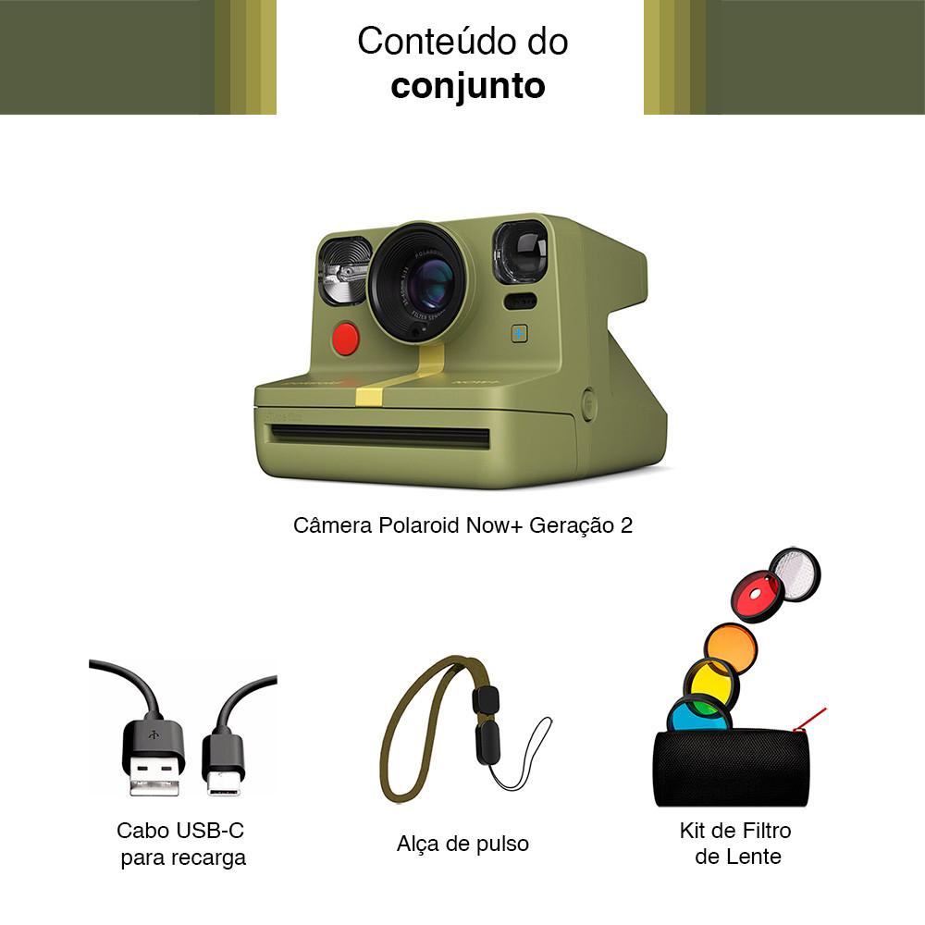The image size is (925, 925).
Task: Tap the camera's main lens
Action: pos(427,282)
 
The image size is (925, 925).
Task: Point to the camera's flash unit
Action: pos(344,271)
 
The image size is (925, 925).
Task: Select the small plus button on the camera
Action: pos(519,333)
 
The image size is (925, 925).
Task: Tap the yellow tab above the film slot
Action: pos(369,396)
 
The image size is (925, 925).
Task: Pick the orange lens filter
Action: pos(730,648)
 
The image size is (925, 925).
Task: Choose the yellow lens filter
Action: pos(709,684)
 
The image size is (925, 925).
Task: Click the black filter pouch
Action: pos(731,768)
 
